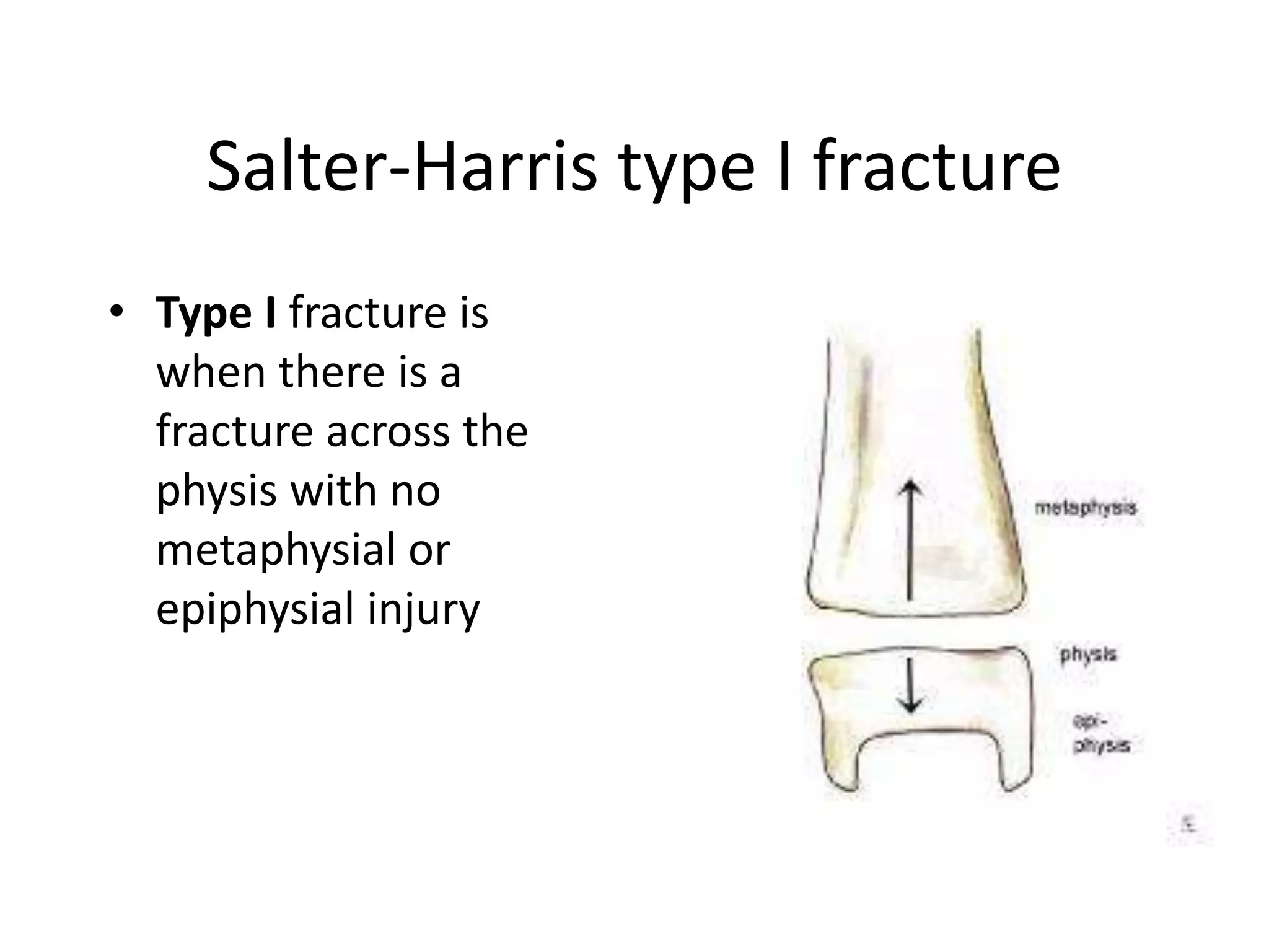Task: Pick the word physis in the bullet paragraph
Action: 216,490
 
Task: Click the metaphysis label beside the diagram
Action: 1085,508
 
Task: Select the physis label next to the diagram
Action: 1087,654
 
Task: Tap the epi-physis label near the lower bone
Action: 1100,733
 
